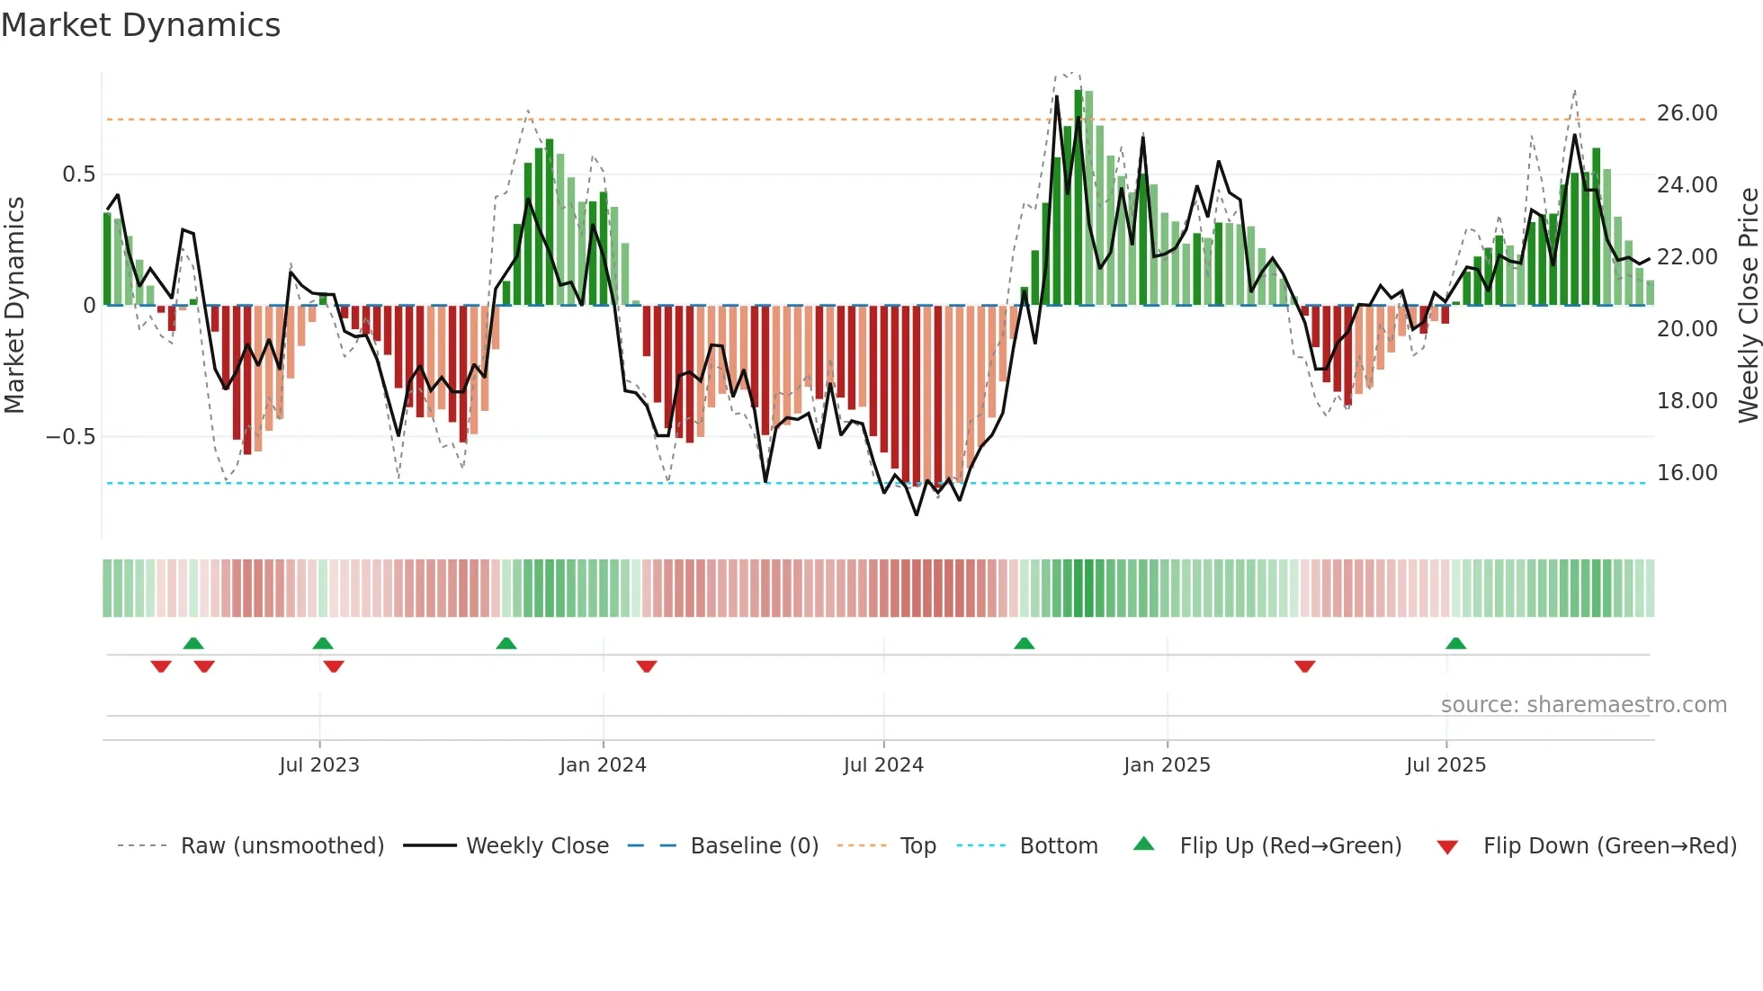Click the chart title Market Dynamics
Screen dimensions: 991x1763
(x=140, y=25)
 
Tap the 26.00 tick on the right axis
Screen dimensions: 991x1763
(x=1687, y=113)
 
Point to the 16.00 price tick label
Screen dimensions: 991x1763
(x=1687, y=473)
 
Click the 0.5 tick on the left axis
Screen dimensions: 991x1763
(x=78, y=174)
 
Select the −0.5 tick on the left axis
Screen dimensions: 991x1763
(x=71, y=437)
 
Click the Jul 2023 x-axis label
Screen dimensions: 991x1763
(x=318, y=765)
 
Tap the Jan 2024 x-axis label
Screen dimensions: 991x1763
(x=603, y=765)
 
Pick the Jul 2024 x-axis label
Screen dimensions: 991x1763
(x=883, y=765)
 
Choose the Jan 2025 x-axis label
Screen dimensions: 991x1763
(x=1167, y=765)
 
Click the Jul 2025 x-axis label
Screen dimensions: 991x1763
(x=1445, y=765)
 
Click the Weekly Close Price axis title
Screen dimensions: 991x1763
(x=1748, y=305)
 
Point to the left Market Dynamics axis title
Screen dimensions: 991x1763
(x=14, y=305)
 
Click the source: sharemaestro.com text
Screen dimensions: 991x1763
(x=1583, y=705)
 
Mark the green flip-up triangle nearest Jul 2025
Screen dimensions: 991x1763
(x=1455, y=643)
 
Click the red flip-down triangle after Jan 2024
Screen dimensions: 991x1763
(x=646, y=666)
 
